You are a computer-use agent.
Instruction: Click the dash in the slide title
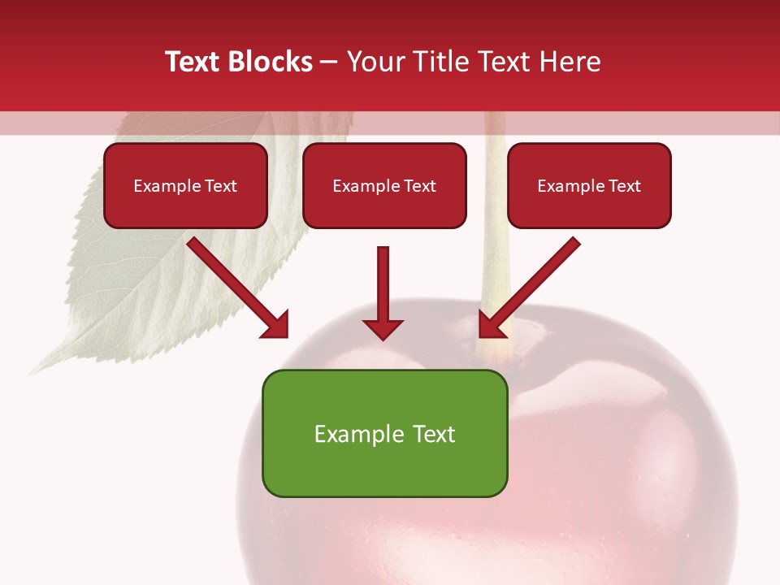pos(329,63)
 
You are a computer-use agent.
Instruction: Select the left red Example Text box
pos(185,185)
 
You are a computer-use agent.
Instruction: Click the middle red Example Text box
pos(384,185)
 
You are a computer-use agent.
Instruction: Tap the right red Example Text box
pos(589,185)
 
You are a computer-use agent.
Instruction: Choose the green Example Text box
pos(384,433)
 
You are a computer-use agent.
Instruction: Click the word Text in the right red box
pos(624,186)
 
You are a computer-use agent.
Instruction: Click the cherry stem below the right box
pos(494,276)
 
